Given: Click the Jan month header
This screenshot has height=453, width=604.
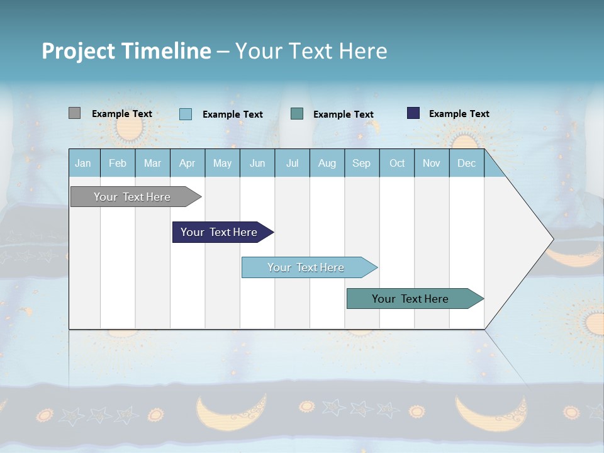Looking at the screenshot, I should pos(83,163).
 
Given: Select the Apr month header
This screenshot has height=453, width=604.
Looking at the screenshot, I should pos(187,163).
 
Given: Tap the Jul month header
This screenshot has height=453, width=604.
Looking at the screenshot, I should pos(292,163).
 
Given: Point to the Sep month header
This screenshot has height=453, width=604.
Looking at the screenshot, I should pos(361,163).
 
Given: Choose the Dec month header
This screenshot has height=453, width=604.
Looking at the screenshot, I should pos(466,163).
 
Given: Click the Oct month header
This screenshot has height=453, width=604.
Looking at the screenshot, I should pos(397,163).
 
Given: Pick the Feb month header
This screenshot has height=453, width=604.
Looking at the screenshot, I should pos(118,163).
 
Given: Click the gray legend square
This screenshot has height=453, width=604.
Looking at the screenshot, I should pos(74,113).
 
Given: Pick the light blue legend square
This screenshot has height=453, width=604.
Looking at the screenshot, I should pos(186,114).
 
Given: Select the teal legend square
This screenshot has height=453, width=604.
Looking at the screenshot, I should pos(297,114).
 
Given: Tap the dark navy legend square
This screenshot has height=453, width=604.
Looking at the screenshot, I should pos(413,113).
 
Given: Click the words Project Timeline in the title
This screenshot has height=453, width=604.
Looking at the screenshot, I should pos(126,51).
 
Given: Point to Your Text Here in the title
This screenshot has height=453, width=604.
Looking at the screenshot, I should pos(311,51).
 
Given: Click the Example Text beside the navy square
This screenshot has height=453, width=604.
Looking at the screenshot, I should pos(459,114).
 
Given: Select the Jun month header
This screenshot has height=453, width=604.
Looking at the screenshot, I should pos(257,163).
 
